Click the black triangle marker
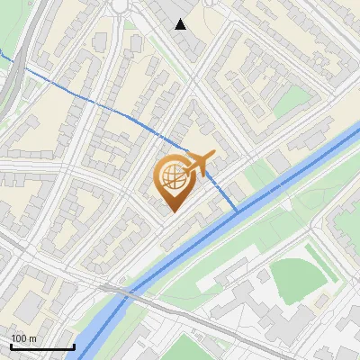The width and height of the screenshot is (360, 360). click(181, 24)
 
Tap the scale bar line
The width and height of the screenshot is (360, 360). click(42, 346)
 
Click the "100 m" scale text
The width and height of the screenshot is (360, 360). click(23, 338)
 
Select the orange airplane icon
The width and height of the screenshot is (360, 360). click(198, 163)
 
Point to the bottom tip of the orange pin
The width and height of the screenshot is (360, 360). click(172, 212)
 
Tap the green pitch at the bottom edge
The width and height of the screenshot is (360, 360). click(184, 349)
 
